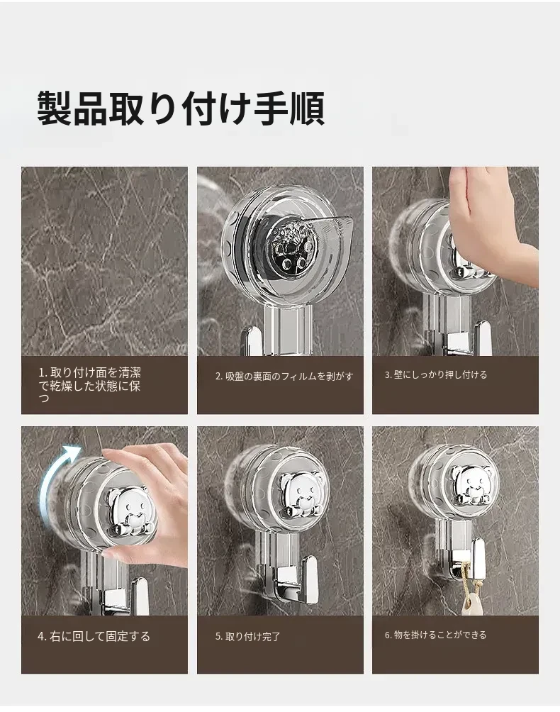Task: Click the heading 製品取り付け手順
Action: (181, 109)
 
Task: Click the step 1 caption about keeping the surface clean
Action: (89, 385)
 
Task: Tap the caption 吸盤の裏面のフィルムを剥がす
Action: (284, 376)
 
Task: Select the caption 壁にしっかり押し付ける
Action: (436, 374)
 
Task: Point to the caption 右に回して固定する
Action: (94, 636)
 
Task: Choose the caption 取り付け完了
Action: (248, 636)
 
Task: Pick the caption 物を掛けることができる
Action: (436, 635)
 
